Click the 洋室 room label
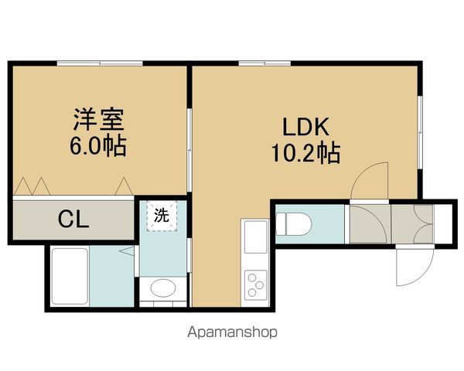[x=98, y=121]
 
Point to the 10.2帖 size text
[x=305, y=152]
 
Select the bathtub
[x=68, y=277]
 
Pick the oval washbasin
[x=162, y=289]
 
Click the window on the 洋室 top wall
[x=101, y=63]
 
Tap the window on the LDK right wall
[x=420, y=131]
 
